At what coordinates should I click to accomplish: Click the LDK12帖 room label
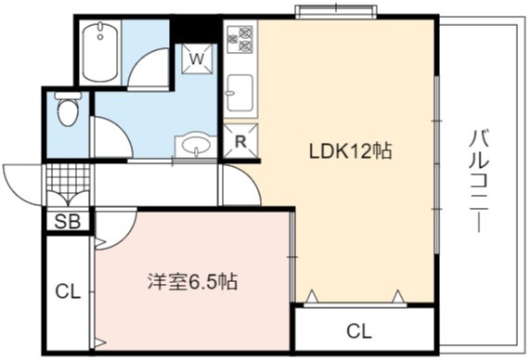point(351,151)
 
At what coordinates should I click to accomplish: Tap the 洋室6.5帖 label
point(192,281)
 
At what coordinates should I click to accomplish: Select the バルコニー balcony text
point(479,181)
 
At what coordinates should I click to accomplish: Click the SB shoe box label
point(68,222)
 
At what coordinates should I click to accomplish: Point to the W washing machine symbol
point(198,58)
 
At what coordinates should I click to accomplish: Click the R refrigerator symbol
point(240,141)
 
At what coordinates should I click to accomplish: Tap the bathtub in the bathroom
point(100,53)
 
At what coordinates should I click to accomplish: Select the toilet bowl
point(68,109)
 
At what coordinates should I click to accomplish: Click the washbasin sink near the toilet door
point(196,146)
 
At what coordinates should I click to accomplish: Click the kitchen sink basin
point(240,93)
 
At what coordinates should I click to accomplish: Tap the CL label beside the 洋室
point(68,291)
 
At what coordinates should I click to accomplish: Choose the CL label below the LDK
point(359,331)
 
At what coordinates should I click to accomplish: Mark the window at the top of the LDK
point(336,11)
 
